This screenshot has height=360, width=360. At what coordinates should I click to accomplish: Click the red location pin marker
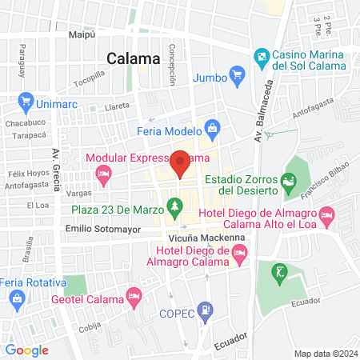point(181,163)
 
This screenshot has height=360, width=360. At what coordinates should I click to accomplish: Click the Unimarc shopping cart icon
point(26,102)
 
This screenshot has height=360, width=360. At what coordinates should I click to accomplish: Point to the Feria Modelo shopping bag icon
point(212,127)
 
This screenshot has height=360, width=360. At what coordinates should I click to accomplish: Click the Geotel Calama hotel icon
point(134,298)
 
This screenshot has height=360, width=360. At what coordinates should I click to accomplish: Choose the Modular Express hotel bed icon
point(102,174)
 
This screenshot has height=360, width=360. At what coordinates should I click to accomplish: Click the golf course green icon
point(279,272)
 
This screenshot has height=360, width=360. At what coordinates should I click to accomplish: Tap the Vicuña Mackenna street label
point(201,238)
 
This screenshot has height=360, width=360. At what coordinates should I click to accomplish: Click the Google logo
point(26,350)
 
